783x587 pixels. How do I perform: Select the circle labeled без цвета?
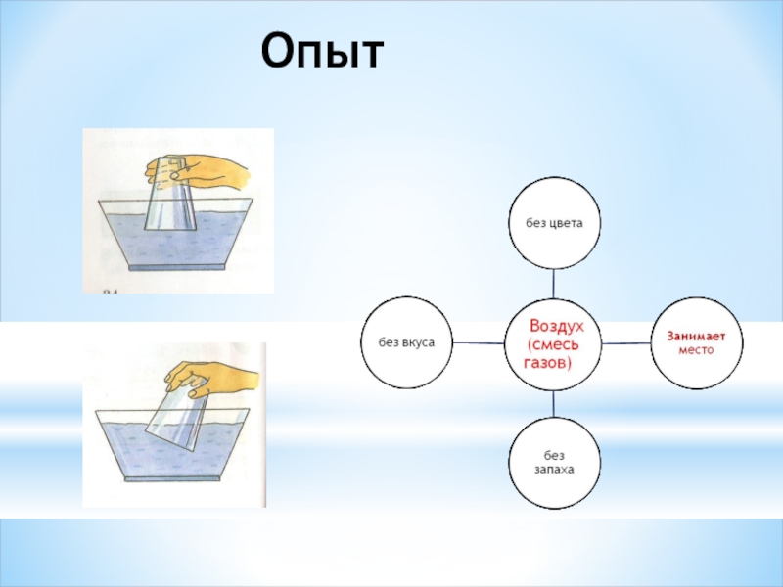pyautogui.click(x=554, y=223)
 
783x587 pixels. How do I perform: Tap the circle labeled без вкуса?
pyautogui.click(x=407, y=342)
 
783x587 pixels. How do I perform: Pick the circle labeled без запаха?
pyautogui.click(x=554, y=462)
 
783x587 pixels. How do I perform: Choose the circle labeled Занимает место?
pyautogui.click(x=698, y=342)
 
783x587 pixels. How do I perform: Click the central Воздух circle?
pyautogui.click(x=554, y=342)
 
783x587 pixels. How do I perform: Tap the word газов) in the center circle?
pyautogui.click(x=549, y=362)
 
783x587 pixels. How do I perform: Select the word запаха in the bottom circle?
pyautogui.click(x=554, y=470)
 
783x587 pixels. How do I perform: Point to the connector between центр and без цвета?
pyautogui.click(x=554, y=283)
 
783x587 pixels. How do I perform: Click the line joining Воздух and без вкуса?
pyautogui.click(x=480, y=342)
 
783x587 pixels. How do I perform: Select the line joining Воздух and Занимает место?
pyautogui.click(x=627, y=342)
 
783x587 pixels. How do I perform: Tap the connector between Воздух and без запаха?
pyautogui.click(x=554, y=402)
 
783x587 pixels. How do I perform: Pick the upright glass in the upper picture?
pyautogui.click(x=172, y=201)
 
